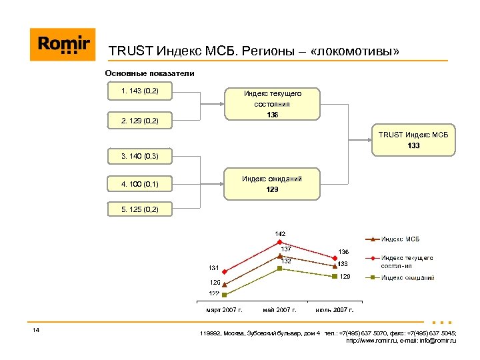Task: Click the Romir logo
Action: coord(63,45)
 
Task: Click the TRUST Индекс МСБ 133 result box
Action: coord(413,140)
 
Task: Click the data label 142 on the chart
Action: coord(281,233)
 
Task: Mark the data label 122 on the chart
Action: coord(215,293)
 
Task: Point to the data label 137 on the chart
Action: coord(285,249)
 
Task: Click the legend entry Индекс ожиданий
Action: coord(407,277)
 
